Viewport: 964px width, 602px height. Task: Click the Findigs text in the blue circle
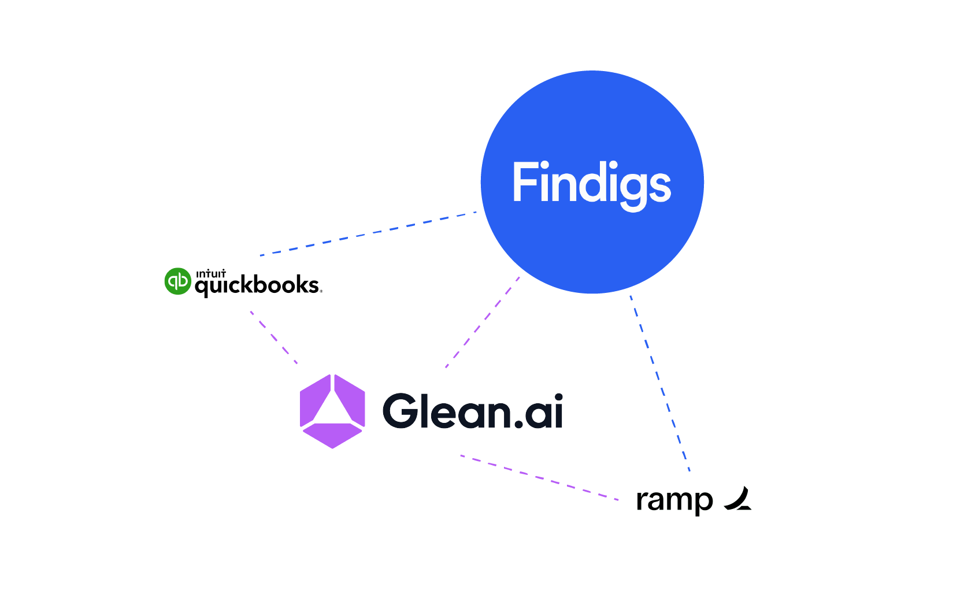point(591,184)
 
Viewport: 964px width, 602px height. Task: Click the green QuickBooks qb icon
point(177,281)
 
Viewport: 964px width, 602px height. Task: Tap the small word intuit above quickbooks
point(211,274)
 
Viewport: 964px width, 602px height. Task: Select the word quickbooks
point(257,285)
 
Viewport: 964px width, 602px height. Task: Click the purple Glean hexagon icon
point(332,411)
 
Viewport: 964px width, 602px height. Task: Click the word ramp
point(674,500)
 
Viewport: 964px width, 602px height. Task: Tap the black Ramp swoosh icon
point(738,500)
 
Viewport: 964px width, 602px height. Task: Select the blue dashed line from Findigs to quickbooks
point(369,233)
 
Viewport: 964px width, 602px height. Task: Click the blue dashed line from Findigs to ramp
point(659,382)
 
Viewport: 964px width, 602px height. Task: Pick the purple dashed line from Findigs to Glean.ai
point(483,322)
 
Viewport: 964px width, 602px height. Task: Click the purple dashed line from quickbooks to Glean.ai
point(274,337)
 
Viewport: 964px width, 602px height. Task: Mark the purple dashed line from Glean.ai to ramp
point(539,478)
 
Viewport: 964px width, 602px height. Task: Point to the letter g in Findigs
point(633,189)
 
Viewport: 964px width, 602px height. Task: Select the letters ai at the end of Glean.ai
point(543,411)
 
